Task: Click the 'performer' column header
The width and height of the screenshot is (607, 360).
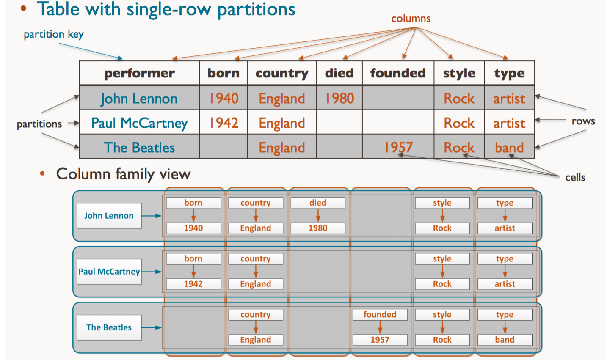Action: pos(139,73)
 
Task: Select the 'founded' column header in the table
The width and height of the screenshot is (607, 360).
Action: pos(398,73)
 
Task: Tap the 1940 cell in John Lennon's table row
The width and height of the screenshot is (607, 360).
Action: pos(224,99)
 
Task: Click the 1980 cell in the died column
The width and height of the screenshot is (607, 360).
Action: pos(339,99)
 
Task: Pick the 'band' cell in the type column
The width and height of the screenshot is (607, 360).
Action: pos(509,147)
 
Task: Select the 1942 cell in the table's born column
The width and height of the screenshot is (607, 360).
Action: pos(224,123)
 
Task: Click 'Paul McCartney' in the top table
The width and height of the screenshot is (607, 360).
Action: pos(139,123)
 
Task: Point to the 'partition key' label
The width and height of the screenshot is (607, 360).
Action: pos(53,34)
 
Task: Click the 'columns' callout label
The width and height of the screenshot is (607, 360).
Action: pos(411,19)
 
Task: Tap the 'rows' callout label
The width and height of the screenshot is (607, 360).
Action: pos(583,121)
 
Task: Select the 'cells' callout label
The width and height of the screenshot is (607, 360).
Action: pos(575,177)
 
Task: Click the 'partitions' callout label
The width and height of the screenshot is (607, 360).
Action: pos(39,124)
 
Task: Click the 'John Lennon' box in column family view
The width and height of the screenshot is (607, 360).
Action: pos(109,216)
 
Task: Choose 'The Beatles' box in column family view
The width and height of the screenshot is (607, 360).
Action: pos(109,327)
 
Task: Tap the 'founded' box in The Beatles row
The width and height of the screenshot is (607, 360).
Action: pos(380,314)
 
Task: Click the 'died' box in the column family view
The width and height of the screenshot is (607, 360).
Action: pos(317,203)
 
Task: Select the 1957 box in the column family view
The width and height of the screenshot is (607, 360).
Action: pos(380,340)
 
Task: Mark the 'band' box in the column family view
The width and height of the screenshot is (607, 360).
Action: pos(505,340)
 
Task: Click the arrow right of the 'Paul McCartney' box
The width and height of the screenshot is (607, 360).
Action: pos(152,272)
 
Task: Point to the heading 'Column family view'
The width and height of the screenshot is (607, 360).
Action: pos(123,174)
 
